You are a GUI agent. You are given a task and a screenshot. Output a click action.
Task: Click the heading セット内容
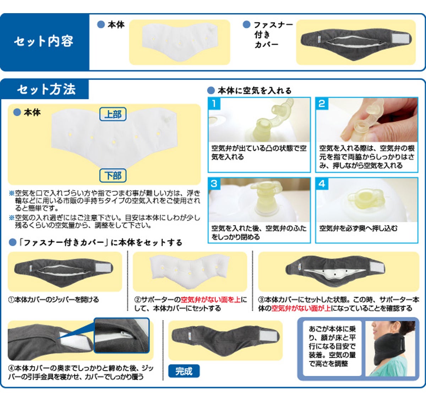[x=44, y=41]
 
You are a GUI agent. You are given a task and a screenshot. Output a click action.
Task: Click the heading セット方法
[x=47, y=89]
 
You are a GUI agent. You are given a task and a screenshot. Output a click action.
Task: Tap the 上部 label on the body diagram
[x=113, y=114]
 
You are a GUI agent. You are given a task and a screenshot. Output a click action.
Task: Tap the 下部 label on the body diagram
[x=113, y=175]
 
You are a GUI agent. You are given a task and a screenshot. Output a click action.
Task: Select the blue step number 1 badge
[x=214, y=104]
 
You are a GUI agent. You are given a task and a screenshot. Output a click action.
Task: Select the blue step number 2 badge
[x=322, y=104]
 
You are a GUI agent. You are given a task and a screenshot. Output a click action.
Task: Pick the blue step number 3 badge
[x=214, y=184]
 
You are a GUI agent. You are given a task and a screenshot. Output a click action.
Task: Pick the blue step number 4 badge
[x=322, y=184]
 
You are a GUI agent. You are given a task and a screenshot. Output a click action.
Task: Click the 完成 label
[x=184, y=371]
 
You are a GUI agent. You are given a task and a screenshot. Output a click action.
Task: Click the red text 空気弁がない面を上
[x=211, y=300]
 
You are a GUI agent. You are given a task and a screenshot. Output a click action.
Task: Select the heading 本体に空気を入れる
[x=255, y=91]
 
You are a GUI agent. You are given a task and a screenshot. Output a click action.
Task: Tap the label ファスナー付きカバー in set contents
[x=273, y=35]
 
